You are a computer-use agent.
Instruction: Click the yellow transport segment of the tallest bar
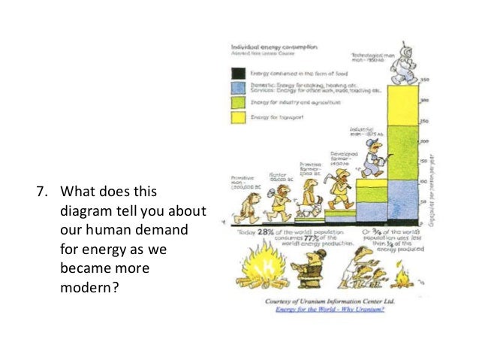point(406,104)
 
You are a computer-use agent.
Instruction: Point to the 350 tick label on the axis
point(424,80)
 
